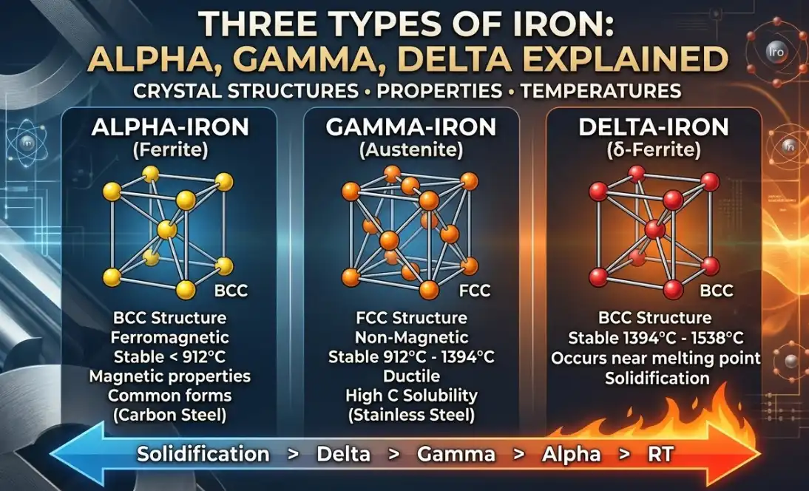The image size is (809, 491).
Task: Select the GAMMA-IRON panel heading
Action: pos(410,128)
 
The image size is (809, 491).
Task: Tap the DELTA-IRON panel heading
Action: pos(654,128)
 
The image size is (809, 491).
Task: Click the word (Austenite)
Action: pos(411,150)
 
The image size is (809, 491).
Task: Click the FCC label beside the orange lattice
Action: pos(474,291)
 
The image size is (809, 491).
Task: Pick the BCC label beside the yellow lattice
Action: pos(231,291)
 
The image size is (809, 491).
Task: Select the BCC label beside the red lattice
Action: pos(716,291)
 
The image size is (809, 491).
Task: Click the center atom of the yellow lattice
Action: pos(166,229)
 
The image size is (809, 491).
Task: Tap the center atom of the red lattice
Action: pos(654,229)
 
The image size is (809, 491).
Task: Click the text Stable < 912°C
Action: pos(170,357)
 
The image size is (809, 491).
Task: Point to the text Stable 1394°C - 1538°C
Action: pos(656,339)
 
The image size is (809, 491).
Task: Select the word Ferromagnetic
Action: pos(170,338)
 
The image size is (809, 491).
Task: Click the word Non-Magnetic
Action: pos(411,338)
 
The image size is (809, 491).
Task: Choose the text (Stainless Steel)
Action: pos(411,415)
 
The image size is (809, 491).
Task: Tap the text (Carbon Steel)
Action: pos(170,415)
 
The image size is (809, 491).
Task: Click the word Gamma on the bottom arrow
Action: pos(456,454)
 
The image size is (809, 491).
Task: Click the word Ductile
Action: pos(411,376)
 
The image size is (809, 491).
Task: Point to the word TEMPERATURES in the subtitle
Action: pos(600,91)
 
